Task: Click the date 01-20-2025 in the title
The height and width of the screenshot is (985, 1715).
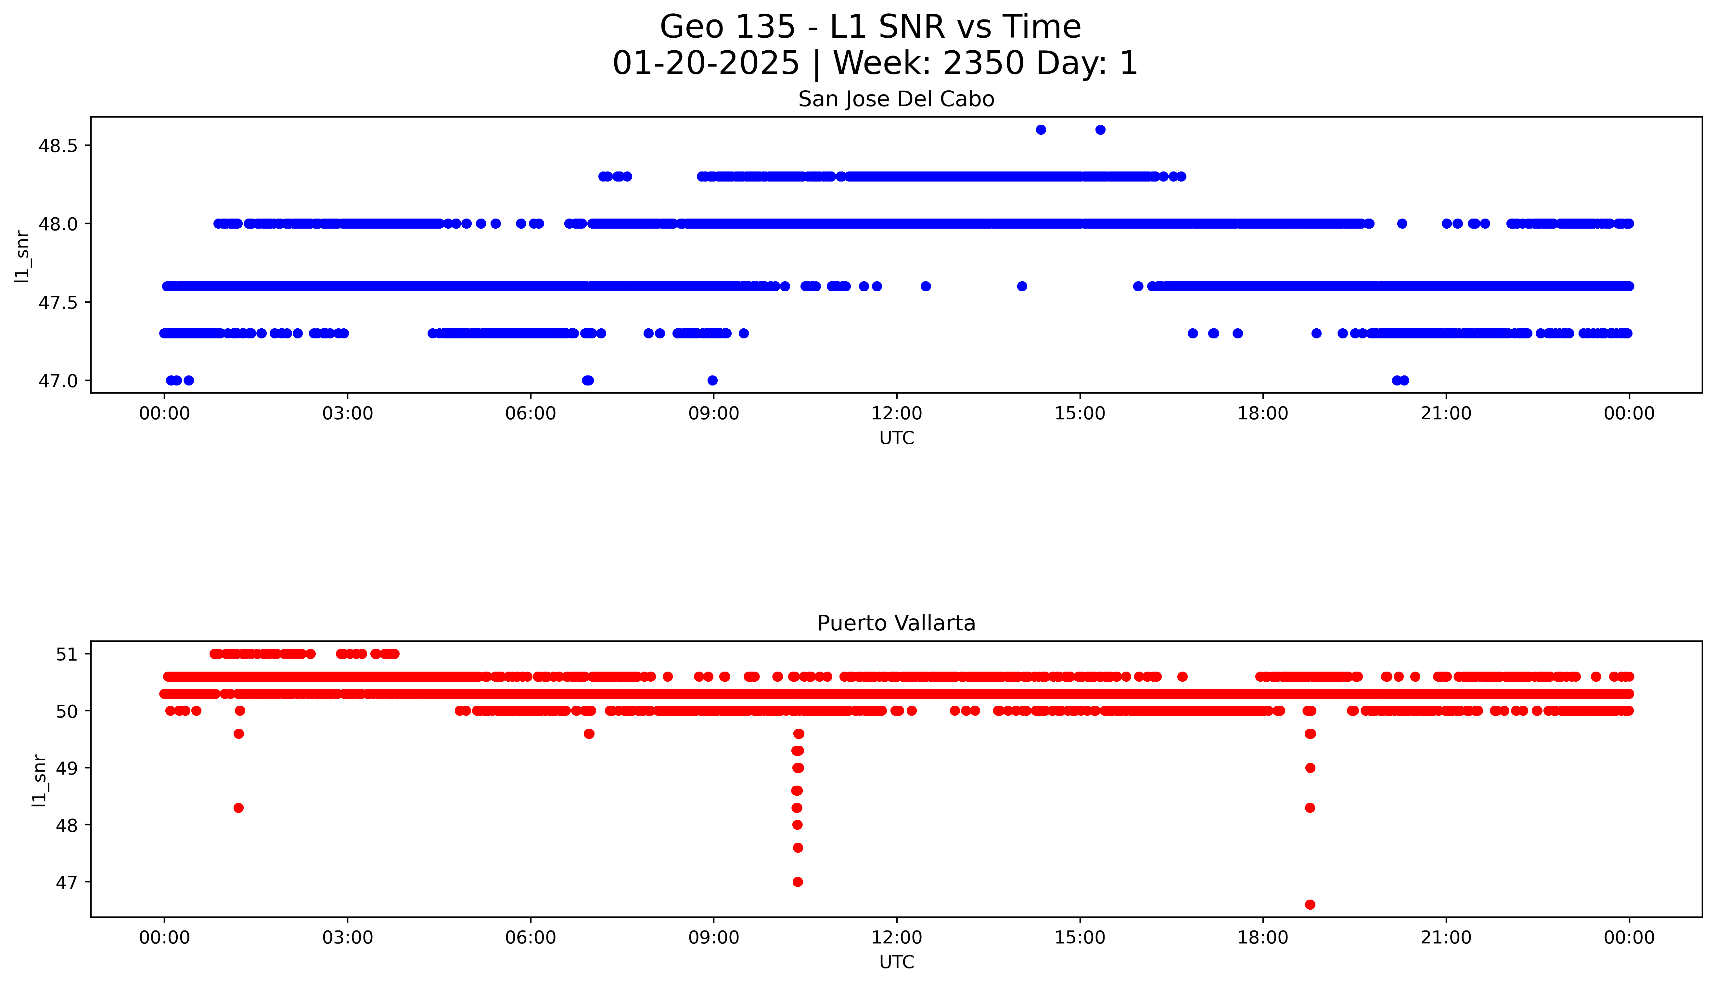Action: coord(706,64)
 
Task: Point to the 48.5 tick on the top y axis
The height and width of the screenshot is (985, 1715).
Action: coord(59,146)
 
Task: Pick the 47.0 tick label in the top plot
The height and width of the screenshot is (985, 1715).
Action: coord(59,381)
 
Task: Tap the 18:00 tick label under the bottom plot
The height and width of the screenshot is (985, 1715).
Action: coord(1262,938)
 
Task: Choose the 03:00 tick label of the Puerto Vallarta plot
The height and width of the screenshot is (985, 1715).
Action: coord(348,938)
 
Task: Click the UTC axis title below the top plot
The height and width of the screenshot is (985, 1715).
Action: coord(896,438)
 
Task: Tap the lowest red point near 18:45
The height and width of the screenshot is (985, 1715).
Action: coord(1310,904)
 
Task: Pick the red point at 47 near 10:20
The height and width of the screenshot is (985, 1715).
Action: coord(798,881)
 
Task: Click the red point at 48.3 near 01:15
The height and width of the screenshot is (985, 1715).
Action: coord(238,808)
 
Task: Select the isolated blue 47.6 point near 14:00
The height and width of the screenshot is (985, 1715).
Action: coord(1022,286)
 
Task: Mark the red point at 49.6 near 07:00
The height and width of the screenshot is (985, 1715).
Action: coord(589,734)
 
